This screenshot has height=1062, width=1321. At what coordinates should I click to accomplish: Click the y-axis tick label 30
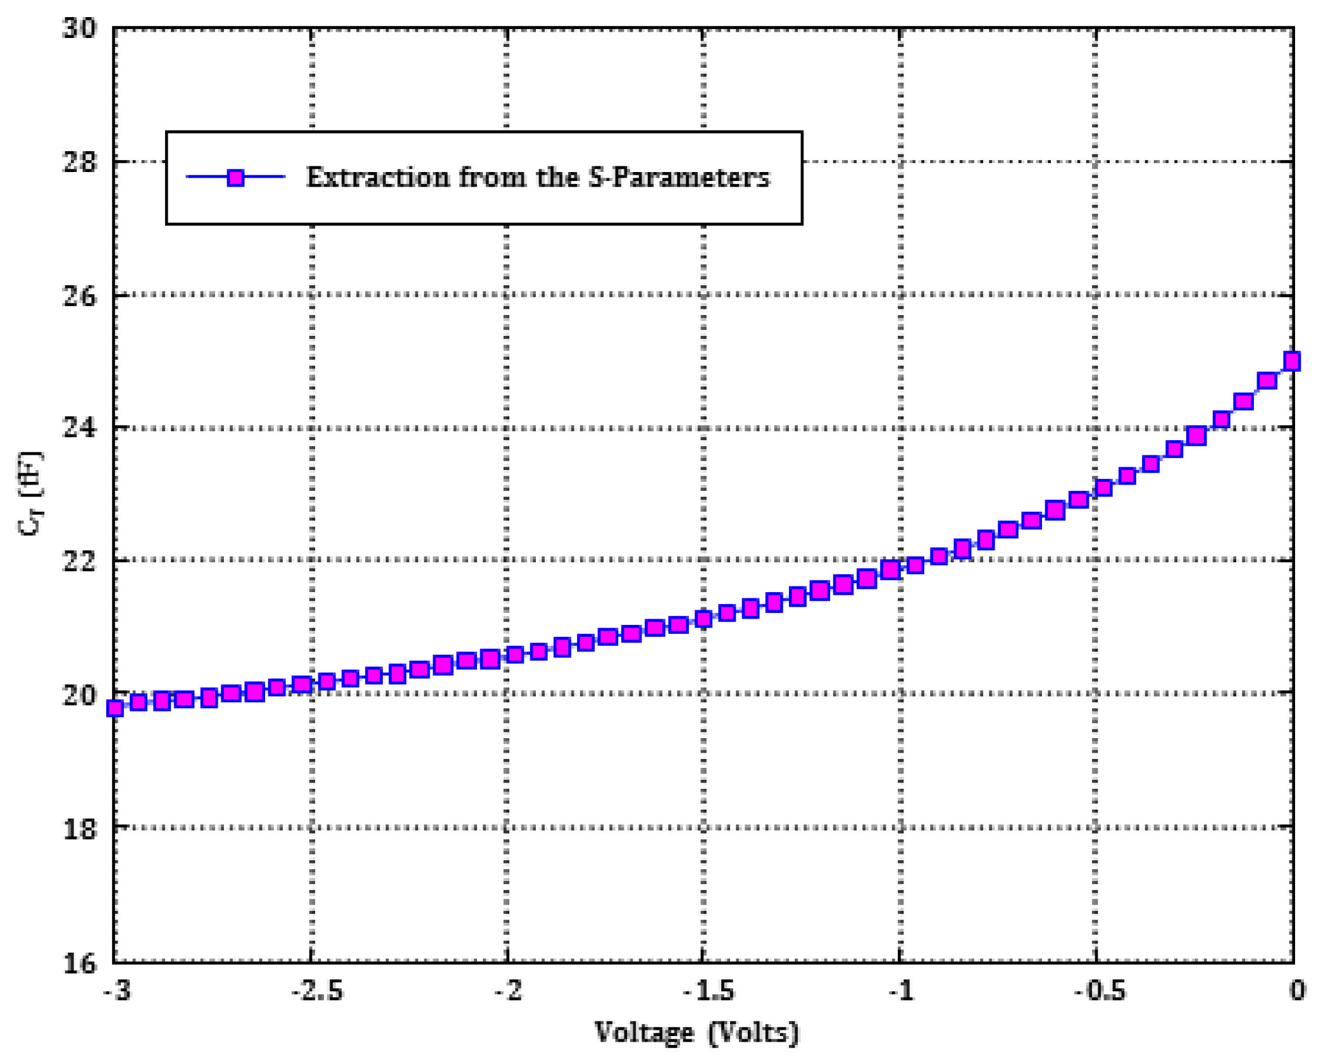point(80,28)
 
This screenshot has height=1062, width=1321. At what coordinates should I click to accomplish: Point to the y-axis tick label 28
point(80,162)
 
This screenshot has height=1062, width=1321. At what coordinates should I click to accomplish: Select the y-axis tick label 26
point(80,295)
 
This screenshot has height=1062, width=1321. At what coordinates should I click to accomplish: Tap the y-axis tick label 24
point(80,428)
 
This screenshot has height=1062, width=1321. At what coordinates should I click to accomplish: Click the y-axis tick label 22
point(80,561)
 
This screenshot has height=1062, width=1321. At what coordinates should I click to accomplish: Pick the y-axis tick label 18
point(80,828)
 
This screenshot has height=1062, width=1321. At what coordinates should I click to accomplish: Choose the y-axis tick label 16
point(80,963)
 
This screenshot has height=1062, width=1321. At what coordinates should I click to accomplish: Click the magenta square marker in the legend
point(236,178)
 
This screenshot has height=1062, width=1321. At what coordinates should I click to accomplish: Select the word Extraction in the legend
point(377,177)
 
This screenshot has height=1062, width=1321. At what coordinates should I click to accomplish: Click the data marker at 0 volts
point(1291,361)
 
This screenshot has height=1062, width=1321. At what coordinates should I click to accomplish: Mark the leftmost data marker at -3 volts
point(115,708)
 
